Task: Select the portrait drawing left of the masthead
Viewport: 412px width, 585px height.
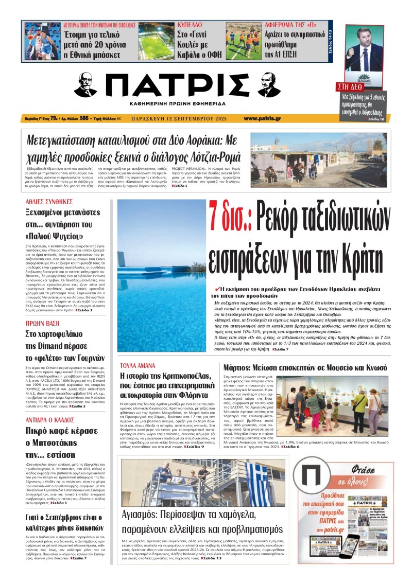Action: [87, 86]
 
